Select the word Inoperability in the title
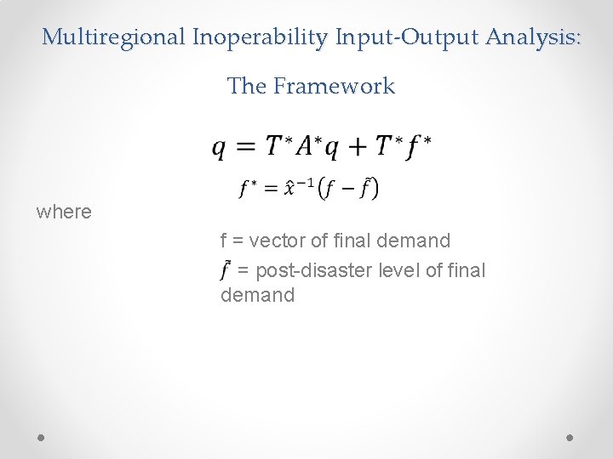[x=261, y=37]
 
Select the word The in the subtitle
[x=247, y=86]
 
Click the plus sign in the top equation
[x=357, y=147]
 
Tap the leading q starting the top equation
[x=220, y=148]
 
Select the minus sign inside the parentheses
[x=347, y=189]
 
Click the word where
[x=64, y=212]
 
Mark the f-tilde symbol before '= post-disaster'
[x=226, y=269]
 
